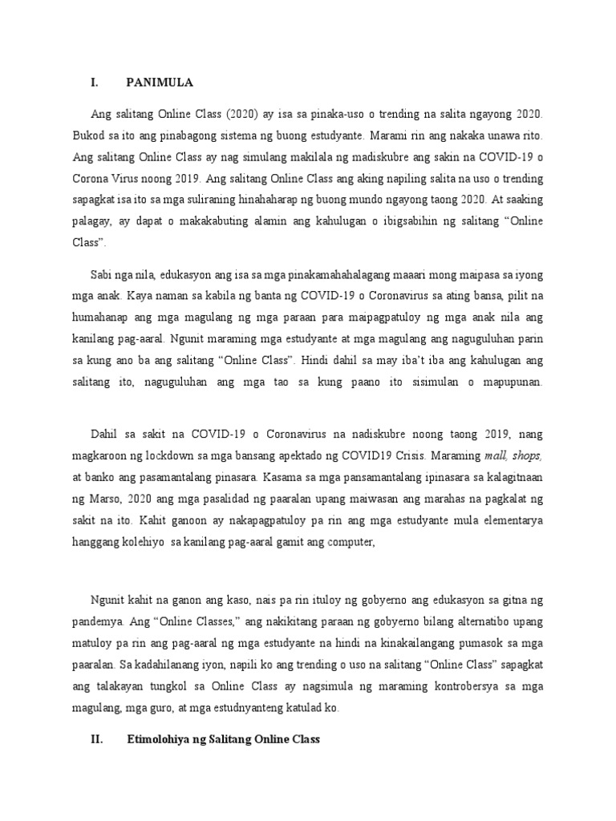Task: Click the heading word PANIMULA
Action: point(160,83)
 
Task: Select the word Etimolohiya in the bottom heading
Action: point(163,739)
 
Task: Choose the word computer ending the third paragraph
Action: point(351,542)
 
